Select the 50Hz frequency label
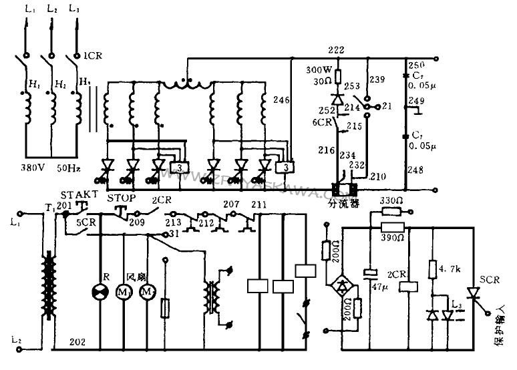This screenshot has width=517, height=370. (x=69, y=170)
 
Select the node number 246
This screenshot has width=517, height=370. (x=281, y=101)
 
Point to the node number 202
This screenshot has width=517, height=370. (x=77, y=341)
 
